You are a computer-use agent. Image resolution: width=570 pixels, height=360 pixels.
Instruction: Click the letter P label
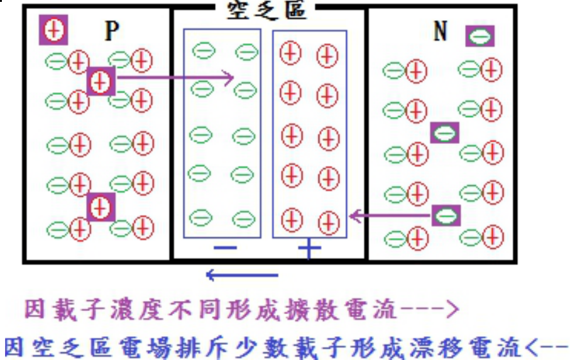(112, 31)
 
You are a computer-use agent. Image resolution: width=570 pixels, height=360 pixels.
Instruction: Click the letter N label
(441, 31)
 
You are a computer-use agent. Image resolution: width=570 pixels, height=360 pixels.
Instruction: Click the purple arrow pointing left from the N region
(390, 217)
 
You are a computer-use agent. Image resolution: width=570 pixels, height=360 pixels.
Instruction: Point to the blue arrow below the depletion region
(242, 275)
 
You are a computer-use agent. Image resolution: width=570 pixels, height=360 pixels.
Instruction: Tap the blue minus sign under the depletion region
(225, 248)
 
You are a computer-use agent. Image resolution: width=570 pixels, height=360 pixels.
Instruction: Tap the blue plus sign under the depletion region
(309, 249)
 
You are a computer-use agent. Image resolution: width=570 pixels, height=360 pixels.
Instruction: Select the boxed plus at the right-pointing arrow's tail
(101, 80)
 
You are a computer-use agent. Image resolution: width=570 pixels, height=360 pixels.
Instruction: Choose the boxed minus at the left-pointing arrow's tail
(446, 216)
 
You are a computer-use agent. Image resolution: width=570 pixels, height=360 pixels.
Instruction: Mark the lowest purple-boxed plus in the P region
(100, 207)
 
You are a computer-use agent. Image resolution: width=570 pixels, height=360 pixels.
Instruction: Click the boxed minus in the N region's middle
(444, 133)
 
